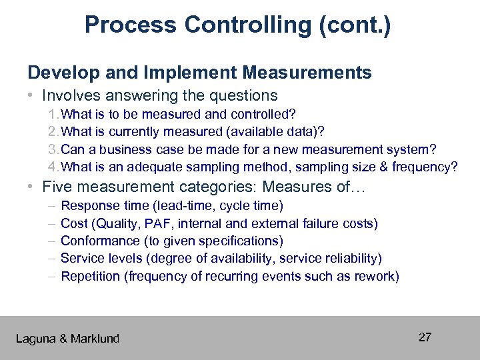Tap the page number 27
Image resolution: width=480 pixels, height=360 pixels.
(x=425, y=337)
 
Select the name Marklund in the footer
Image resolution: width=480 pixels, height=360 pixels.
(x=95, y=339)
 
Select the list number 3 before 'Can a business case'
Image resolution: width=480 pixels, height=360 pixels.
(x=53, y=149)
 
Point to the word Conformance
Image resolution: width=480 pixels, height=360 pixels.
(x=100, y=241)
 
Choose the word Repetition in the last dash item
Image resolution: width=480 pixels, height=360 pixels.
(x=90, y=276)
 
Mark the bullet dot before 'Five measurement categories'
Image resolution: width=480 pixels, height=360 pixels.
(x=31, y=188)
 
